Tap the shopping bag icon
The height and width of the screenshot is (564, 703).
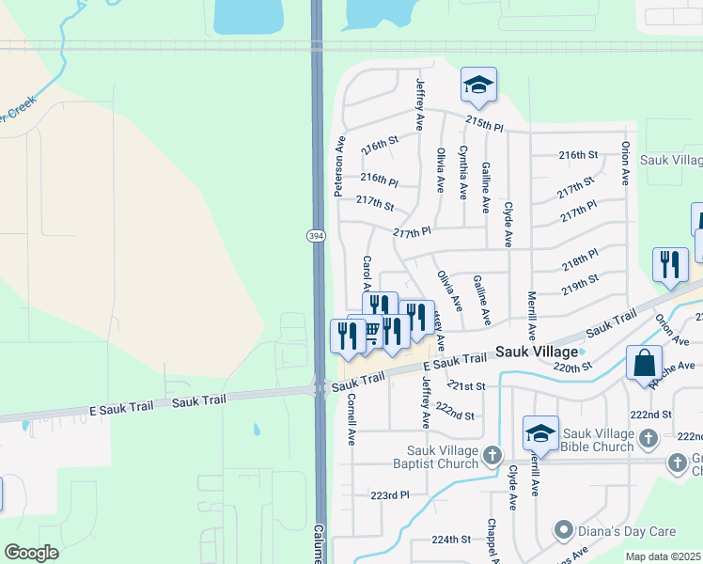point(645,363)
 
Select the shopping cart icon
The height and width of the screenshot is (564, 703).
point(370,330)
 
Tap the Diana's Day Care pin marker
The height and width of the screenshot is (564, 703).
point(563,528)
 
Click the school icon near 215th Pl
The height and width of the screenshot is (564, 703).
point(478,86)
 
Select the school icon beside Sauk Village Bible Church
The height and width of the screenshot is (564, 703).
point(540,433)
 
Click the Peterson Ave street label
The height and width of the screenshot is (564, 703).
point(339,165)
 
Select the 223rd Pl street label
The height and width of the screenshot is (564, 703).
point(390,494)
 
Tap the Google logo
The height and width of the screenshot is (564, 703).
point(31,552)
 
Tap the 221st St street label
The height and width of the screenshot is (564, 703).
point(466,385)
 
